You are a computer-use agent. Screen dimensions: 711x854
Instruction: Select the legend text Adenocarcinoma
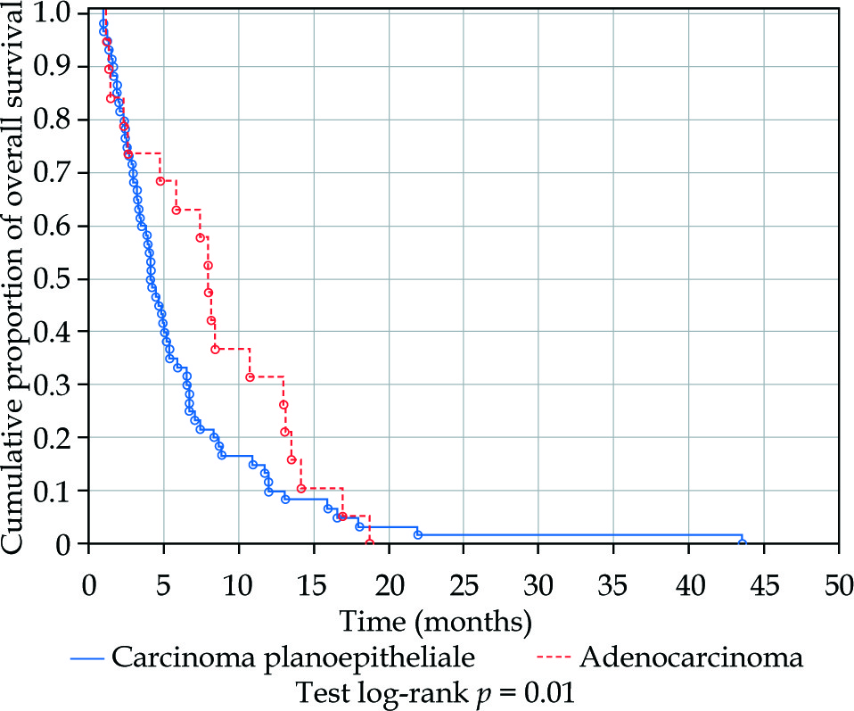[x=691, y=658]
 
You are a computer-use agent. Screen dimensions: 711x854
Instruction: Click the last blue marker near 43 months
[x=742, y=542]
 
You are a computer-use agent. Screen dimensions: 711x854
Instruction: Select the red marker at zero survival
[x=369, y=542]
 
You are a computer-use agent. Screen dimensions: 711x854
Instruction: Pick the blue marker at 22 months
[x=418, y=533]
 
